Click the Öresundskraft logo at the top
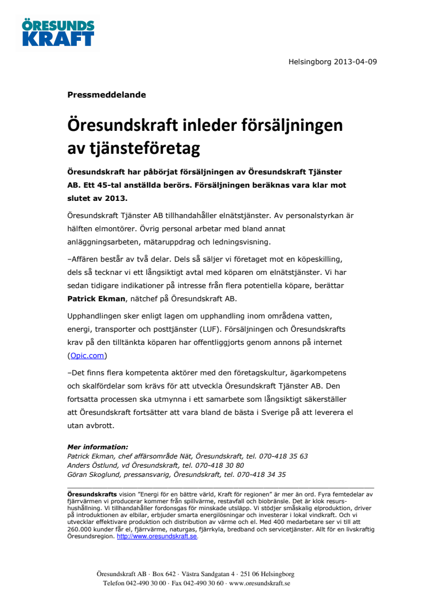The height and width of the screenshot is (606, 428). (x=58, y=33)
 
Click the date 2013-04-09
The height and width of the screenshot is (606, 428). (x=352, y=61)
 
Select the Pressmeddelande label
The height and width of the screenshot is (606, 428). (x=107, y=95)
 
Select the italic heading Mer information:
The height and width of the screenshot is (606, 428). (x=98, y=447)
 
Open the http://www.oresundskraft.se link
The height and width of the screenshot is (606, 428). (x=157, y=536)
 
